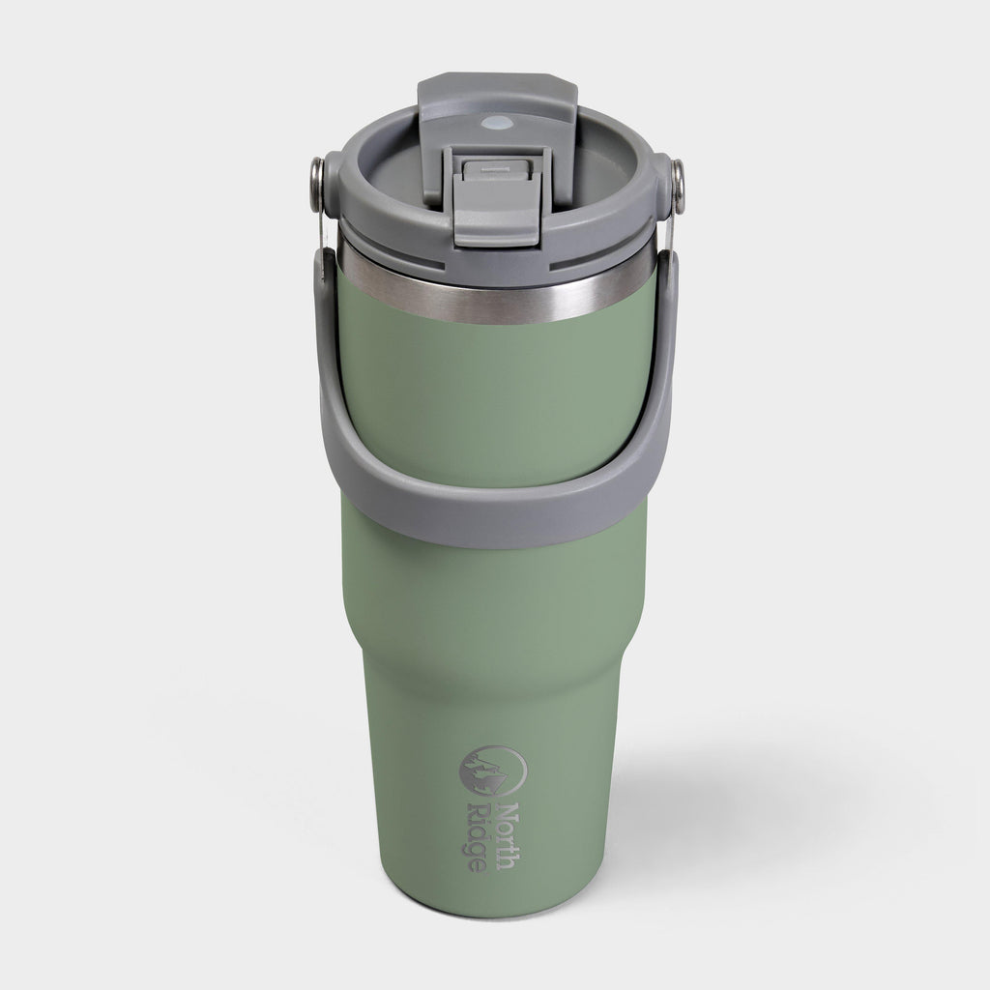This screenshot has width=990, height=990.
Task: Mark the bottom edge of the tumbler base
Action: (x=493, y=913)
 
